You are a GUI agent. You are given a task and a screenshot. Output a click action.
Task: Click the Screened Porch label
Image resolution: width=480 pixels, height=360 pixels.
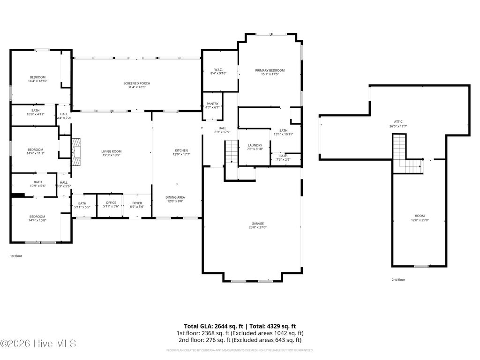point(137,83)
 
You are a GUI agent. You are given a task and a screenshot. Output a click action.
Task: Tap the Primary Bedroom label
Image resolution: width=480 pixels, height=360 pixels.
point(270,71)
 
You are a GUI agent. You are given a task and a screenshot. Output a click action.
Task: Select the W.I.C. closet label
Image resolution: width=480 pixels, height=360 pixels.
point(218,69)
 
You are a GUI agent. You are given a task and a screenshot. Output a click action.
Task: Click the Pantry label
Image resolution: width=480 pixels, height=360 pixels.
point(213,104)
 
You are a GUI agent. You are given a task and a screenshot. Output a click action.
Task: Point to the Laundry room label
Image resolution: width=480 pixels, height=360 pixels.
point(255,145)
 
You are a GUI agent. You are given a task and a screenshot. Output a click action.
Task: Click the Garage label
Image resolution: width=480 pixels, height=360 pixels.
point(257,224)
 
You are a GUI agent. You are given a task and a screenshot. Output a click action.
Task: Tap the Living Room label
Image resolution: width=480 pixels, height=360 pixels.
point(112,151)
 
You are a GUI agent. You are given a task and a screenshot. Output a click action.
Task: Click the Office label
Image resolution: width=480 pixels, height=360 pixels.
point(111,202)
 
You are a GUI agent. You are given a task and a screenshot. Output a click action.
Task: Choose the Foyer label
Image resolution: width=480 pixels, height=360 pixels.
point(137,202)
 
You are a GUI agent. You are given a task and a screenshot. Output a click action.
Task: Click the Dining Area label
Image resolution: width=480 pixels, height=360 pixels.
point(175,197)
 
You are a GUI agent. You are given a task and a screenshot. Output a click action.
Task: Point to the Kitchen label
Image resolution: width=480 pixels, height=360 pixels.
point(181,150)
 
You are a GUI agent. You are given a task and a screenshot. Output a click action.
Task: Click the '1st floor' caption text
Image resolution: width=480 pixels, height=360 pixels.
point(16,256)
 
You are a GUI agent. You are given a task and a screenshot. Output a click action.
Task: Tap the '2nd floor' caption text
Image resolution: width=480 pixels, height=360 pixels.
point(398,279)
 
